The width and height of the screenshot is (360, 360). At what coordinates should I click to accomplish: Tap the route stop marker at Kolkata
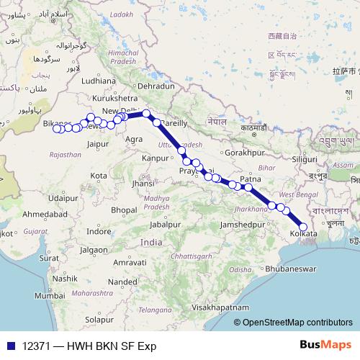(x=303, y=227)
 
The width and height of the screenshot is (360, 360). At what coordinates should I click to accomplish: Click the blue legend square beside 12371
(x=9, y=346)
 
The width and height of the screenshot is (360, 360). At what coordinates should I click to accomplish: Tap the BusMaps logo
(x=325, y=346)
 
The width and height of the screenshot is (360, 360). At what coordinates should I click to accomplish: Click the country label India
(x=151, y=243)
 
